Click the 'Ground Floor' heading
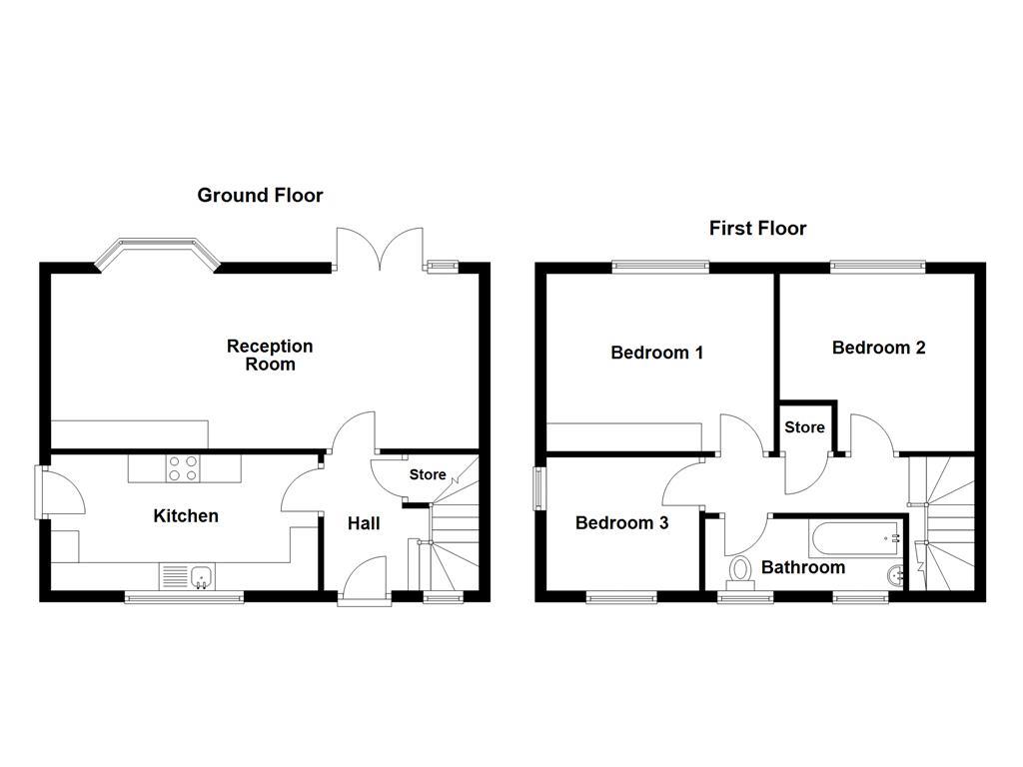[260, 196]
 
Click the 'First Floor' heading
[757, 229]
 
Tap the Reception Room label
[270, 356]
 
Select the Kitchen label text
[185, 516]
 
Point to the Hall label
[364, 523]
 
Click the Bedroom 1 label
[656, 353]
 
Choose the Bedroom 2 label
[878, 348]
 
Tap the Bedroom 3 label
[621, 522]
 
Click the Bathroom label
[802, 567]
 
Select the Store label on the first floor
[804, 427]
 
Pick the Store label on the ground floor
[428, 475]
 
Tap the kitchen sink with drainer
[188, 576]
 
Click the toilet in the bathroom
[740, 570]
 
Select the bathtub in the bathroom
[855, 539]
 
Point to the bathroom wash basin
[894, 574]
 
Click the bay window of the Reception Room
[155, 251]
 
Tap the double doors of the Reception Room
[380, 250]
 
